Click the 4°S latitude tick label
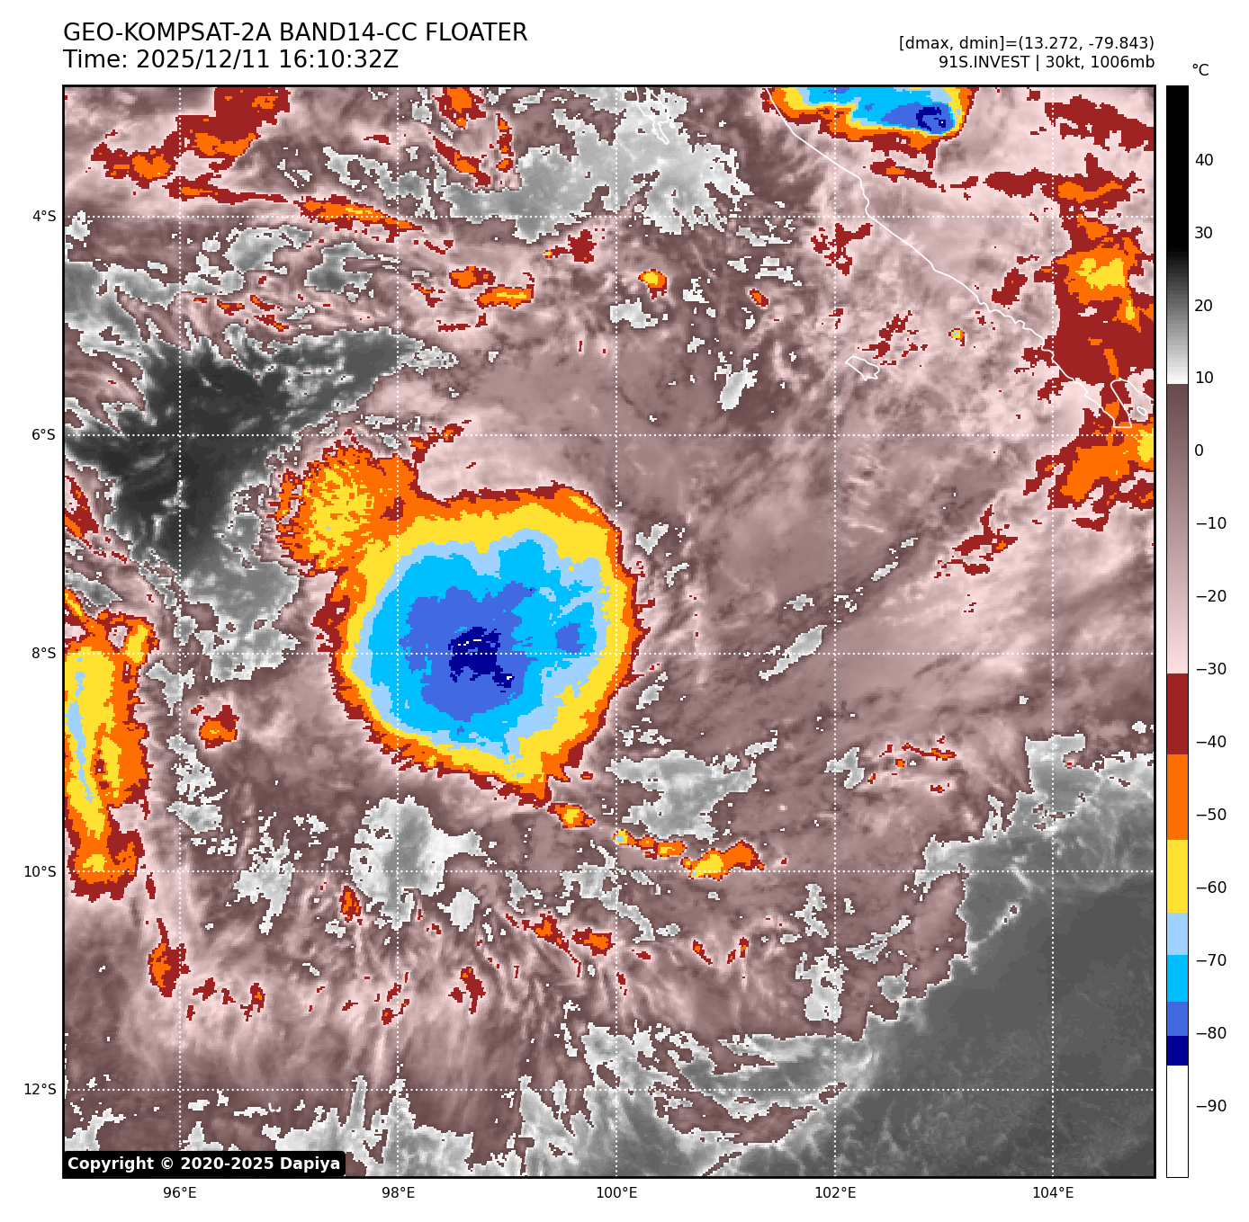(44, 217)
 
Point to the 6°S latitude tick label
(44, 435)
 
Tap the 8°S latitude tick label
(44, 654)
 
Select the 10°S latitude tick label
(40, 872)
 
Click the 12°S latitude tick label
(40, 1090)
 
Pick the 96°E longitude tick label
(180, 1193)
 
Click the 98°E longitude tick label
(399, 1193)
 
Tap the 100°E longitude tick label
(616, 1193)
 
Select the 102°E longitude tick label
(835, 1193)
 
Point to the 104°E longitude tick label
(1053, 1193)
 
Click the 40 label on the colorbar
(1204, 161)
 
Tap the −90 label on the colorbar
(1210, 1106)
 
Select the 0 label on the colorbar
(1199, 451)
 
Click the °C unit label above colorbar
(1200, 70)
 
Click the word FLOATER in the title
(476, 33)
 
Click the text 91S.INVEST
(984, 62)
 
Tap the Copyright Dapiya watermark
(204, 1164)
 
